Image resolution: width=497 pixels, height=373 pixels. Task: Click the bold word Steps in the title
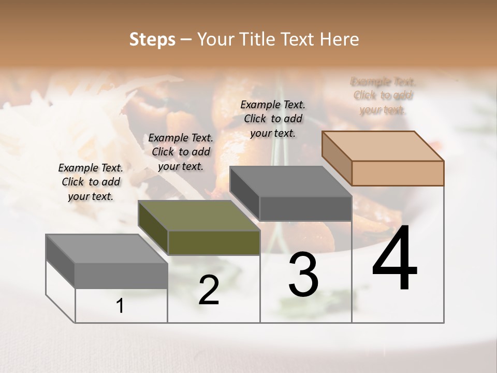click(152, 39)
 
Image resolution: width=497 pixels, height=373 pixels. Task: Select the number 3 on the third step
click(303, 275)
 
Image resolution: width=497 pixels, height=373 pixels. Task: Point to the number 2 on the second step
click(209, 291)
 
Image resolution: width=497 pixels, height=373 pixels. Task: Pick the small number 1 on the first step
click(120, 306)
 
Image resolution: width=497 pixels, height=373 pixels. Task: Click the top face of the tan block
click(382, 146)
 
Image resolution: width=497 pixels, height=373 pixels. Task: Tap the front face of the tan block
click(398, 173)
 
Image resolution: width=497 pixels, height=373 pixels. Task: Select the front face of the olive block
click(214, 243)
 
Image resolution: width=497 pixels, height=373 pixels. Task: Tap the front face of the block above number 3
click(305, 209)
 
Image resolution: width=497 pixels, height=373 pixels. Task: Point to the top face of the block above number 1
click(107, 249)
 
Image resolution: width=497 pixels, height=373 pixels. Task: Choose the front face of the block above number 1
click(121, 276)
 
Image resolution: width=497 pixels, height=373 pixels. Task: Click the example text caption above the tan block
click(383, 96)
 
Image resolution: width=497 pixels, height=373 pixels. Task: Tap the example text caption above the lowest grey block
click(91, 182)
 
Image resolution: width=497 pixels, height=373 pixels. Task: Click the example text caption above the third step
click(273, 119)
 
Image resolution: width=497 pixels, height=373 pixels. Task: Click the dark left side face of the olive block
click(153, 228)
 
